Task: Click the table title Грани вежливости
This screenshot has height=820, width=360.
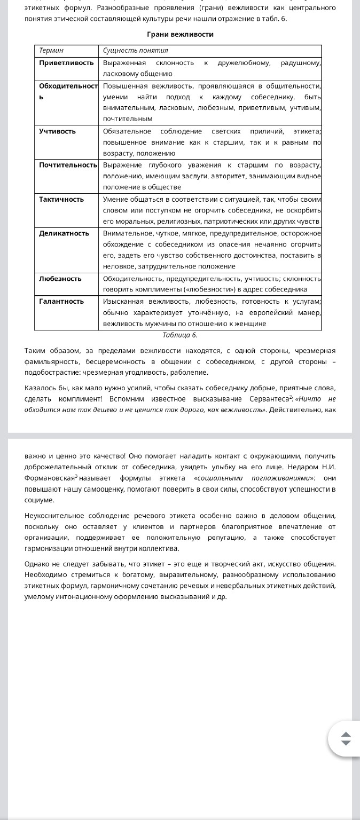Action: [x=180, y=34]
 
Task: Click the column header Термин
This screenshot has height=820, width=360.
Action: [x=51, y=51]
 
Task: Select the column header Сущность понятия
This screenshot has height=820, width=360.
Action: [x=136, y=51]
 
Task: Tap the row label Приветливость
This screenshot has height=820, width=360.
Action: [x=66, y=63]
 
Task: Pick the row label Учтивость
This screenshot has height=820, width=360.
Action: [x=58, y=131]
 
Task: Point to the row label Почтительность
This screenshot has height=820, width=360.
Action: [x=68, y=165]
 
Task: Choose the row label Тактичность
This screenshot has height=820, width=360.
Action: [x=61, y=199]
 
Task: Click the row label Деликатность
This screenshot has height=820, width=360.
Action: [x=64, y=233]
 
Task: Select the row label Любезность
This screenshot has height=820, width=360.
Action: [x=60, y=279]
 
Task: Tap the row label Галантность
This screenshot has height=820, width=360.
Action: [x=61, y=302]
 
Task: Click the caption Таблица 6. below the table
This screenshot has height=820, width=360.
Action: [x=180, y=335]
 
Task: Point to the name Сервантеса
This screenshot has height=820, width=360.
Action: [x=269, y=399]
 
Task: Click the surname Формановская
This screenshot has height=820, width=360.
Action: [x=50, y=478]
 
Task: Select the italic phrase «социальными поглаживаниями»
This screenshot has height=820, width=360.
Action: [x=255, y=478]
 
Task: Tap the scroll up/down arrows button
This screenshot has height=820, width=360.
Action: [x=346, y=738]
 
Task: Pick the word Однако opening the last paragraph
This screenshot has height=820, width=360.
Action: [x=37, y=564]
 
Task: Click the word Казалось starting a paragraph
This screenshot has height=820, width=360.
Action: [x=42, y=388]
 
